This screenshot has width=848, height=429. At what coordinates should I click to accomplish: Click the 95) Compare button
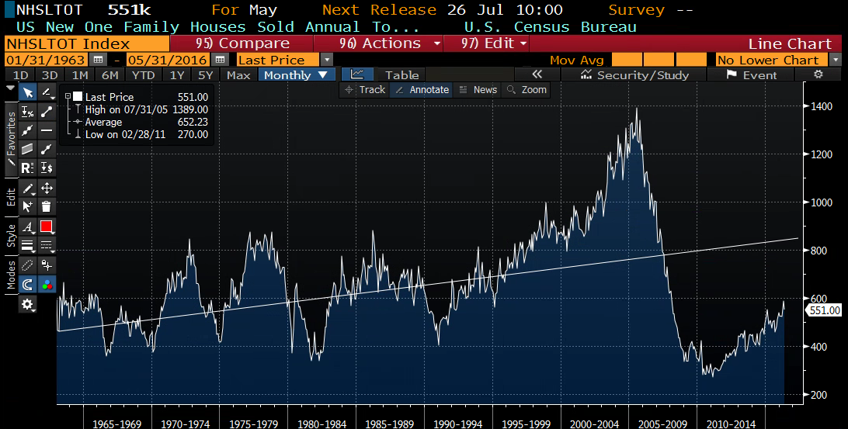pyautogui.click(x=242, y=43)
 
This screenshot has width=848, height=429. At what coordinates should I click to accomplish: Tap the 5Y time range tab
pyautogui.click(x=205, y=75)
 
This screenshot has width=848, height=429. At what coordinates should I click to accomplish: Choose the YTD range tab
pyautogui.click(x=143, y=75)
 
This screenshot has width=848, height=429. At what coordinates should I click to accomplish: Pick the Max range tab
pyautogui.click(x=238, y=75)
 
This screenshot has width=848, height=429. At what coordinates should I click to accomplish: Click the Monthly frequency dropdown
pyautogui.click(x=297, y=75)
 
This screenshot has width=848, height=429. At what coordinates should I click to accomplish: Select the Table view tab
pyautogui.click(x=401, y=75)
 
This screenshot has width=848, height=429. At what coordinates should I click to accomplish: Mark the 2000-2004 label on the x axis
pyautogui.click(x=594, y=424)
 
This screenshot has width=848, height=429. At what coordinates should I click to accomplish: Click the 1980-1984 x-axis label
pyautogui.click(x=321, y=424)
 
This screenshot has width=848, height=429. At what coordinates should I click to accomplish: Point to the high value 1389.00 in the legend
pyautogui.click(x=190, y=109)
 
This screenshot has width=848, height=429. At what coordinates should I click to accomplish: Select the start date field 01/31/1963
pyautogui.click(x=46, y=60)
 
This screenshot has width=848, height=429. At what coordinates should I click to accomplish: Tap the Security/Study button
pyautogui.click(x=634, y=75)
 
